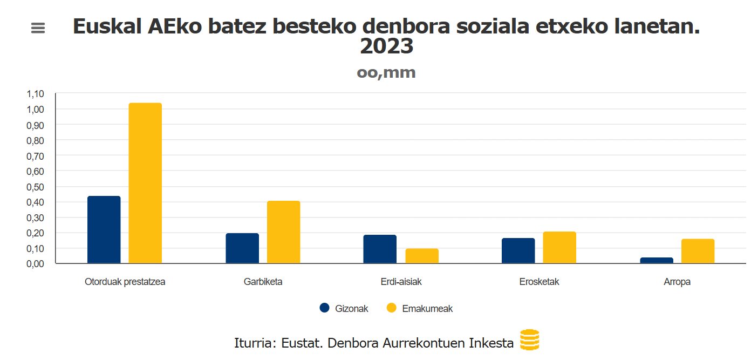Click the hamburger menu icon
tap(38, 28)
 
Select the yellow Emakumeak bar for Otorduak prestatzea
tap(145, 183)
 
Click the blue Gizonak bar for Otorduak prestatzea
tap(104, 229)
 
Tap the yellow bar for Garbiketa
tap(283, 232)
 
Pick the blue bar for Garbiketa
tap(242, 248)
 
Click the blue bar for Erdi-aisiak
tap(380, 249)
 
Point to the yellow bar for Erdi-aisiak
tap(421, 256)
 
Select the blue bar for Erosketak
tap(518, 250)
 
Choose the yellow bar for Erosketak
tap(559, 247)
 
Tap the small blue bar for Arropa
tap(657, 260)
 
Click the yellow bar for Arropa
tap(698, 251)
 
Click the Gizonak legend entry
tap(344, 308)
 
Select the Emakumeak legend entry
tap(420, 308)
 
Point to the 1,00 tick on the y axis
tap(35, 110)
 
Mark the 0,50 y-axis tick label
tap(35, 187)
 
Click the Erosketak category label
tap(539, 282)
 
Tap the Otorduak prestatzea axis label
tap(125, 282)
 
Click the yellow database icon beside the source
tap(529, 340)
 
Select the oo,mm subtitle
tap(386, 72)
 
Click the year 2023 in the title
tap(386, 47)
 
